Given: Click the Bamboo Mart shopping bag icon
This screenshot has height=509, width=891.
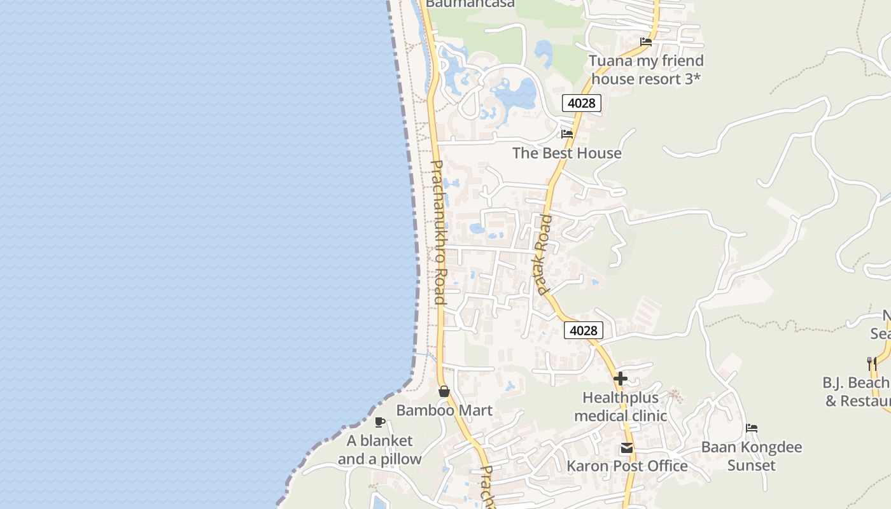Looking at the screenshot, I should tap(444, 391).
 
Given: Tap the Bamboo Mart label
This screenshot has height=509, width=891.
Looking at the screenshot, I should tap(444, 410).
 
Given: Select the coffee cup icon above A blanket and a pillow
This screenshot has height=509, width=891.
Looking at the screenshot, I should tap(380, 422).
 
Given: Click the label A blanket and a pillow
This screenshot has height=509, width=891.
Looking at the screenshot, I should tap(379, 450).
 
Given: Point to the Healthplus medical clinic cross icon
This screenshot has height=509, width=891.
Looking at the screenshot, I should tap(621, 379).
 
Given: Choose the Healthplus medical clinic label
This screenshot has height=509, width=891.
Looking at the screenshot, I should tap(621, 407).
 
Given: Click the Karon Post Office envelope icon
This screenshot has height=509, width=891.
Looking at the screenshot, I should tap(627, 449).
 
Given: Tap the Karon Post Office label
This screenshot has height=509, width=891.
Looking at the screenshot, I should tap(627, 466).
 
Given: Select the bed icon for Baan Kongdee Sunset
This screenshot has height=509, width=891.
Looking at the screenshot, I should tap(752, 428).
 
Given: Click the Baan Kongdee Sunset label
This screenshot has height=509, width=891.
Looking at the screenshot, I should tap(752, 456).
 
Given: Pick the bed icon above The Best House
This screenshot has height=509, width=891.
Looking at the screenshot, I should tap(567, 134).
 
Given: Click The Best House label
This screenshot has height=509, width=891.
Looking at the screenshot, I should tap(567, 153).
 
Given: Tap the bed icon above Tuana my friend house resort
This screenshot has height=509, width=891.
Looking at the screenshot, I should tap(646, 42).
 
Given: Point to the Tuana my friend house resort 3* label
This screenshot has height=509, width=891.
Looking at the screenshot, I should tap(646, 69).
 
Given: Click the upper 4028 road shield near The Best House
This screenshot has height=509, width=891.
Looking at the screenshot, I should tap(582, 103).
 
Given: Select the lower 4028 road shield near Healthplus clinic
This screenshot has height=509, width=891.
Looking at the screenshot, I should tap(584, 330).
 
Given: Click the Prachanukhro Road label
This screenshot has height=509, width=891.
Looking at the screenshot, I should tap(438, 232).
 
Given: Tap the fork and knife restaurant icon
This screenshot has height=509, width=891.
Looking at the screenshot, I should tap(872, 364).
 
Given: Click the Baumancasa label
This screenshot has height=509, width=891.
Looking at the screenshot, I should tap(470, 4).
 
